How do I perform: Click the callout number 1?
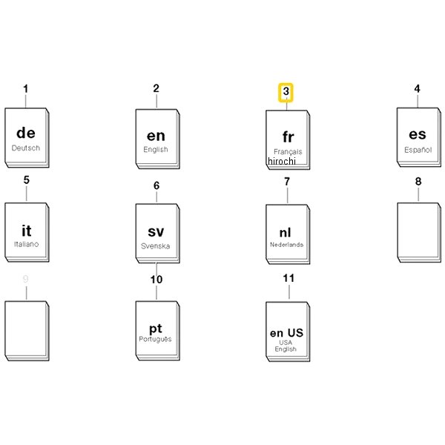(25, 89)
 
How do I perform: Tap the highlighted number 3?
(286, 91)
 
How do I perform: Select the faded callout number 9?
(25, 279)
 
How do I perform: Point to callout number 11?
(289, 278)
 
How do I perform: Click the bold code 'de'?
(26, 133)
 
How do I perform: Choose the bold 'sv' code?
(156, 231)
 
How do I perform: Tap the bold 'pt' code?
(156, 329)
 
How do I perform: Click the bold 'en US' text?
(286, 332)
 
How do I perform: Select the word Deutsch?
(26, 148)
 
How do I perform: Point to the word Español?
(418, 150)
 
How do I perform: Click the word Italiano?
(27, 244)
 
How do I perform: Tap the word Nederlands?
(286, 244)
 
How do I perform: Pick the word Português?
(155, 339)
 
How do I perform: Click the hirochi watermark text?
(282, 161)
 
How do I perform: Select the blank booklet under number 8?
(419, 232)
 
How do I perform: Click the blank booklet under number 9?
(27, 331)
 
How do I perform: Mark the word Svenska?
(156, 246)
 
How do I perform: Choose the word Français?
(288, 152)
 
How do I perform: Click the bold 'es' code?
(418, 134)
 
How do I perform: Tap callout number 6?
(156, 185)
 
